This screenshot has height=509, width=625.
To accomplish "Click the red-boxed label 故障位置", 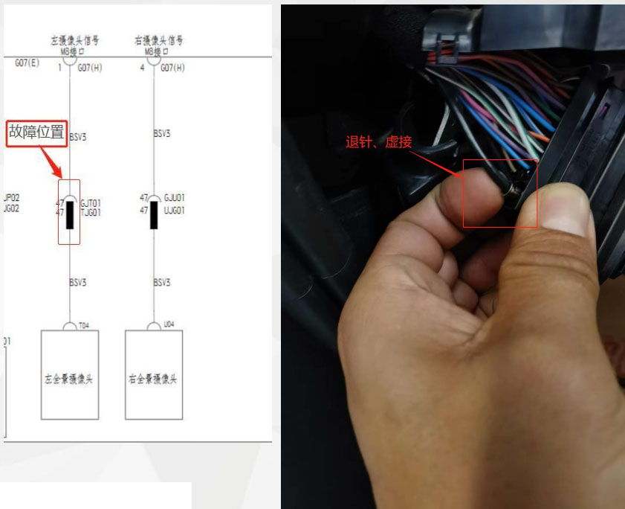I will click(37, 132).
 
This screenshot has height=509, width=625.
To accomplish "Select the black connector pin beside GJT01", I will click(70, 214).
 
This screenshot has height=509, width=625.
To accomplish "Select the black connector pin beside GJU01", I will click(154, 214).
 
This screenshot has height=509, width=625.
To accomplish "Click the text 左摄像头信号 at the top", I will click(69, 41).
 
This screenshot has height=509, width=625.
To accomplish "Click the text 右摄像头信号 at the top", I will click(153, 41).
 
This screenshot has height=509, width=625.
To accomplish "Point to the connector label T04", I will click(84, 325).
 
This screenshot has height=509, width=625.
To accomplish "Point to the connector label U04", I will click(169, 325).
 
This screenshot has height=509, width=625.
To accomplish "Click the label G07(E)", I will click(27, 64).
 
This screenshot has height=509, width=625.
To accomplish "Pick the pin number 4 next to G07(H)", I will click(143, 68).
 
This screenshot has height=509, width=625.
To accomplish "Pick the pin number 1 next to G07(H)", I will click(59, 68).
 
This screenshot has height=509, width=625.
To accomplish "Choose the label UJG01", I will click(175, 212).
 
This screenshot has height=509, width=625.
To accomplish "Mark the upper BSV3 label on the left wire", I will click(78, 137).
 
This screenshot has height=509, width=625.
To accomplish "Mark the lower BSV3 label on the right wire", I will click(162, 283).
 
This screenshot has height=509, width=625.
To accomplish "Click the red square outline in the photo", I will click(499, 193).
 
